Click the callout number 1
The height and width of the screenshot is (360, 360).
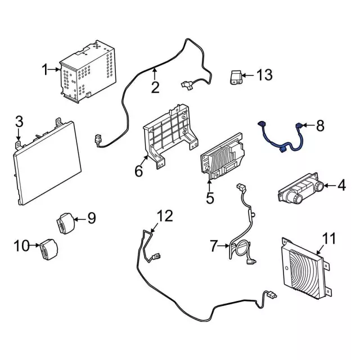coord(44,70)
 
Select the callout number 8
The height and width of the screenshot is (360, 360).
coord(320,126)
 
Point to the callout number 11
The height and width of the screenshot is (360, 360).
coord(328,238)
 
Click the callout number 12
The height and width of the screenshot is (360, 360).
coord(164,215)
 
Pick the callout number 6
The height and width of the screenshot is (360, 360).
coord(138,170)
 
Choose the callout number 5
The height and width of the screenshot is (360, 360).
coord(210,197)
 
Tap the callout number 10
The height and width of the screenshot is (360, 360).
coord(21,245)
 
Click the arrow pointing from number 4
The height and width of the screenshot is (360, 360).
coord(331,185)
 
